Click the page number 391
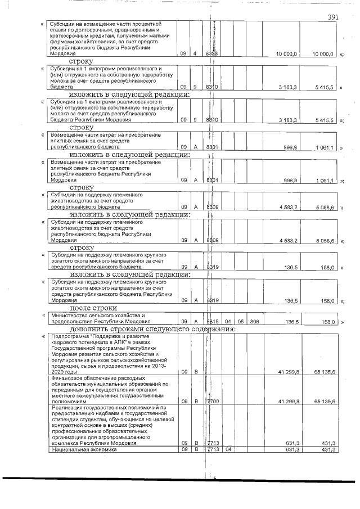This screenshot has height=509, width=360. [x=332, y=17]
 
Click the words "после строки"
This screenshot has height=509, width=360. [x=93, y=308]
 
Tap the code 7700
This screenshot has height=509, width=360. [x=213, y=402]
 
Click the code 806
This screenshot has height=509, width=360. [x=255, y=322]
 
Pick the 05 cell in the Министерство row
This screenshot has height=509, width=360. [x=241, y=322]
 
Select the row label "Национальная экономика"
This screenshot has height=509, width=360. [x=80, y=449]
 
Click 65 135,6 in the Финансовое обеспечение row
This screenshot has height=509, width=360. [x=324, y=402]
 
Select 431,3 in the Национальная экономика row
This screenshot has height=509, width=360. [x=328, y=449]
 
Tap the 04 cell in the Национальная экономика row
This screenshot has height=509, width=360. [x=228, y=449]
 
